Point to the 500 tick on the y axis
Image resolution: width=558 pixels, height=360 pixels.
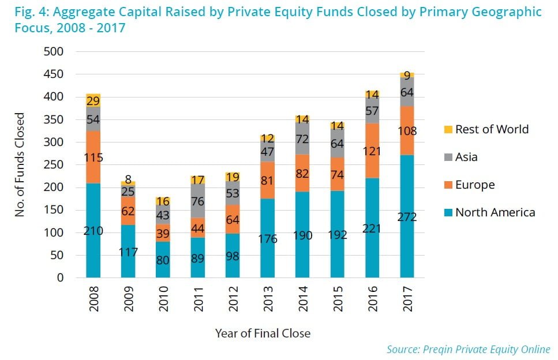click(54, 52)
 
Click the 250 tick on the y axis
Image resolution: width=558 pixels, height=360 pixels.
click(54, 165)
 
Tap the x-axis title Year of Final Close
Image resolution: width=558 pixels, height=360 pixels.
click(263, 333)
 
